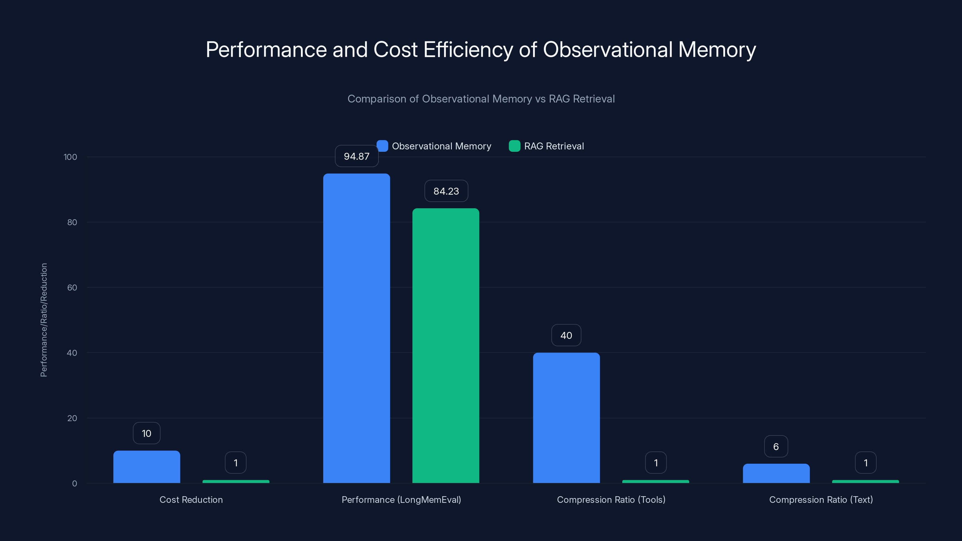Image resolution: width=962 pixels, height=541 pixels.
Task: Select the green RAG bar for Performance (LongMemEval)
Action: (x=446, y=345)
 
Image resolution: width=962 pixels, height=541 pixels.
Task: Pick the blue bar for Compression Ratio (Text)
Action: (x=776, y=473)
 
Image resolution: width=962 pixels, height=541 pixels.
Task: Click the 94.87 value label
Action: (x=356, y=156)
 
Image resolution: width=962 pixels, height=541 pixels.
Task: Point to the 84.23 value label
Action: (x=446, y=191)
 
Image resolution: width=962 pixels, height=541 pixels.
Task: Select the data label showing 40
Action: (x=566, y=335)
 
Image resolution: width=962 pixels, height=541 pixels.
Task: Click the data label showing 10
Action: (x=146, y=433)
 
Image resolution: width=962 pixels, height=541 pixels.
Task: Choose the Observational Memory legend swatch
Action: (x=382, y=146)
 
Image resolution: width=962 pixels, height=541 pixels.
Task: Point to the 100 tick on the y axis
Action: (x=70, y=157)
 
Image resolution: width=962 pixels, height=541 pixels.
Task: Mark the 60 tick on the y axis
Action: (x=72, y=288)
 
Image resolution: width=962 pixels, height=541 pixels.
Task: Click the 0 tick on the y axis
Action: (x=74, y=484)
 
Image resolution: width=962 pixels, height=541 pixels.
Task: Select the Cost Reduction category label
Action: (x=191, y=500)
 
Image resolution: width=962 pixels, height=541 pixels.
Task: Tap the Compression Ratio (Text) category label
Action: (x=821, y=500)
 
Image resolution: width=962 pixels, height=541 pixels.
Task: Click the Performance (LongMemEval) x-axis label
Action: (x=401, y=500)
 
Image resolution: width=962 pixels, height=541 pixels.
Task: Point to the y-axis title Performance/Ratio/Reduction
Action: (x=44, y=320)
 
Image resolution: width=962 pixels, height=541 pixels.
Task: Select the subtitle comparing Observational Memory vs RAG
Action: (x=481, y=99)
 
